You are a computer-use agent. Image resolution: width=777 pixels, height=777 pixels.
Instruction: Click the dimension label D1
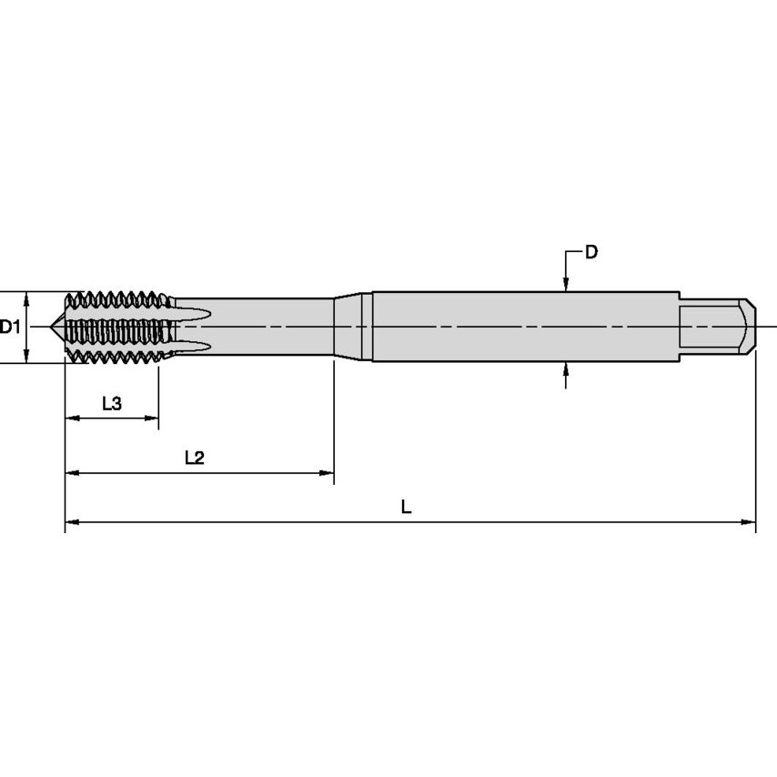(10, 327)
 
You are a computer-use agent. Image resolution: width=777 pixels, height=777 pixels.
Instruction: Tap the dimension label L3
(111, 404)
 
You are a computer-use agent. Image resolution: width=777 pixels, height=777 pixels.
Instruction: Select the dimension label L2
(194, 459)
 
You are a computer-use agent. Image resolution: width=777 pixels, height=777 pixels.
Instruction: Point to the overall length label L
(407, 508)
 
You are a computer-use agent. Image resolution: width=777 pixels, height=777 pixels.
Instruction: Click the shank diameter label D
(591, 252)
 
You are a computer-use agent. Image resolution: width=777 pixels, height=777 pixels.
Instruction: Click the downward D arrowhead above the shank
(566, 286)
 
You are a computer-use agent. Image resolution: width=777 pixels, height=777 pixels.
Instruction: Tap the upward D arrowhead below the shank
(566, 368)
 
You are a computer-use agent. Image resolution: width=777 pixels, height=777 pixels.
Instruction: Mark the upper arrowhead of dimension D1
(27, 298)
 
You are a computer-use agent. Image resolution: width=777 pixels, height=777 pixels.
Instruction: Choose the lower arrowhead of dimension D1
(27, 357)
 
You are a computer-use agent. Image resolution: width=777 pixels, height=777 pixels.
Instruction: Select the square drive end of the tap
(719, 327)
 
